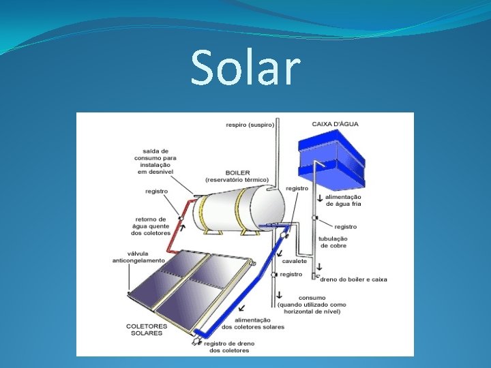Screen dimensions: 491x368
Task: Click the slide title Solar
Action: [245, 67]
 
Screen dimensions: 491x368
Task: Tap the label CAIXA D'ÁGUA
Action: [336, 124]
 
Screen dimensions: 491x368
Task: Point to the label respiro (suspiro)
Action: [250, 125]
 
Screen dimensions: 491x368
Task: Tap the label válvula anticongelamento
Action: [138, 257]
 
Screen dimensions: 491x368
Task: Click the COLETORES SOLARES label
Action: [145, 329]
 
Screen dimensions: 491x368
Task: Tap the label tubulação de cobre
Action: [333, 242]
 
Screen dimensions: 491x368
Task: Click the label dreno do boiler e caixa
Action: [354, 279]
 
